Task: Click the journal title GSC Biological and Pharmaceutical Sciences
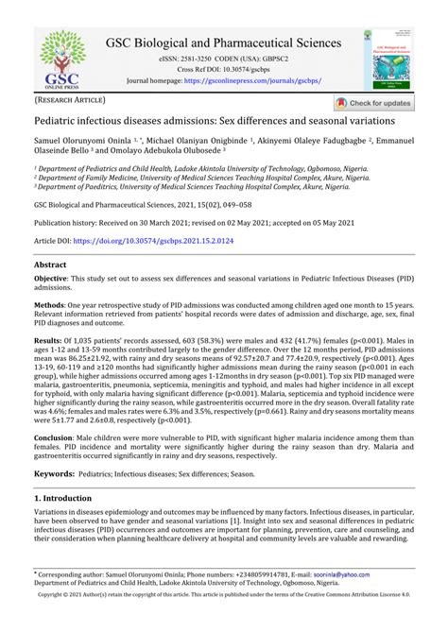tap(223, 43)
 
